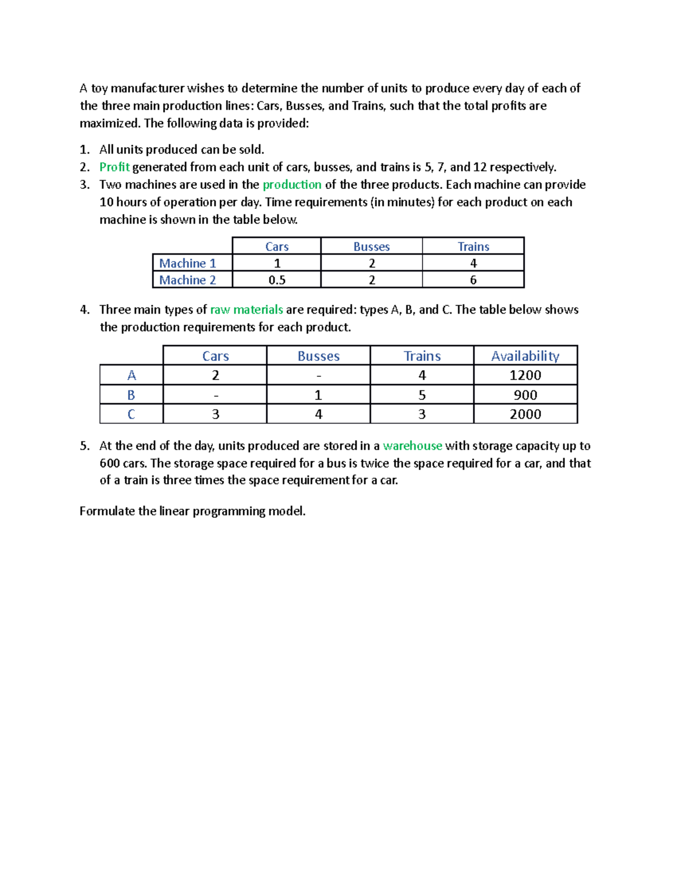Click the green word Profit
115,167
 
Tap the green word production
292,184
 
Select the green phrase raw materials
247,310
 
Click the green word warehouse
412,446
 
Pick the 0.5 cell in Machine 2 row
276,280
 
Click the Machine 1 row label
188,263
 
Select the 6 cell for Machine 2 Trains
473,280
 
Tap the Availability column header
525,356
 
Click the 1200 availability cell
525,375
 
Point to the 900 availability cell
525,395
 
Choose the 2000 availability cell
525,414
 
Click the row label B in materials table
131,395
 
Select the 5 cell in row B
422,395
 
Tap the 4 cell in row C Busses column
318,414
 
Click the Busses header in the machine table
371,246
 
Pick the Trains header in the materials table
422,356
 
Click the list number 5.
84,446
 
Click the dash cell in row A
318,376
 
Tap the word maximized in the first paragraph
109,124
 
